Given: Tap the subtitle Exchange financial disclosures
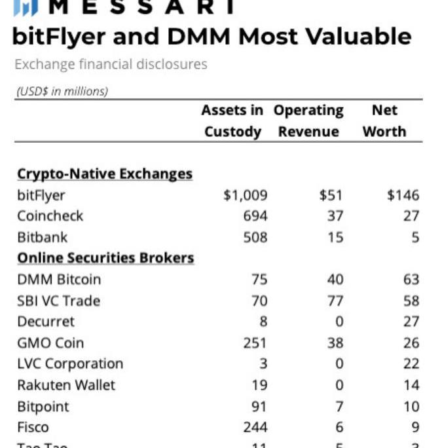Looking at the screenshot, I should tap(111, 64).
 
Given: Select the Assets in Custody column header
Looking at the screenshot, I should tap(233, 121).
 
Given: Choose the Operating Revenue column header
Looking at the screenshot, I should tap(308, 121).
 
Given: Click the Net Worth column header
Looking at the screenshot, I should tap(384, 121).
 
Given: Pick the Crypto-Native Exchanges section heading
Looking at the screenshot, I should tap(105, 174).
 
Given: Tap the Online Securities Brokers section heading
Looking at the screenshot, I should tap(105, 257).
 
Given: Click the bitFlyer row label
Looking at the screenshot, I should tap(41, 195).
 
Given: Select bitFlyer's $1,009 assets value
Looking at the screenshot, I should tap(245, 195).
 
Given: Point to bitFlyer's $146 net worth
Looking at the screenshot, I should tap(403, 195).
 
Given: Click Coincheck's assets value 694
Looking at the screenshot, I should tap(255, 215).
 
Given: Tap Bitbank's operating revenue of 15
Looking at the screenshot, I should tap(335, 236).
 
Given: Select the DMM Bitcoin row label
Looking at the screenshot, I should tap(59, 279).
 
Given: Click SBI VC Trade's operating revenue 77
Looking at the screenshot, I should tap(335, 301).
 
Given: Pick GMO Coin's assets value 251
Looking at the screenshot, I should tap(255, 343).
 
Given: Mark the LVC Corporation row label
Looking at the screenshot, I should tap(70, 364).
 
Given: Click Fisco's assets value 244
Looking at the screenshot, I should tap(255, 427).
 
